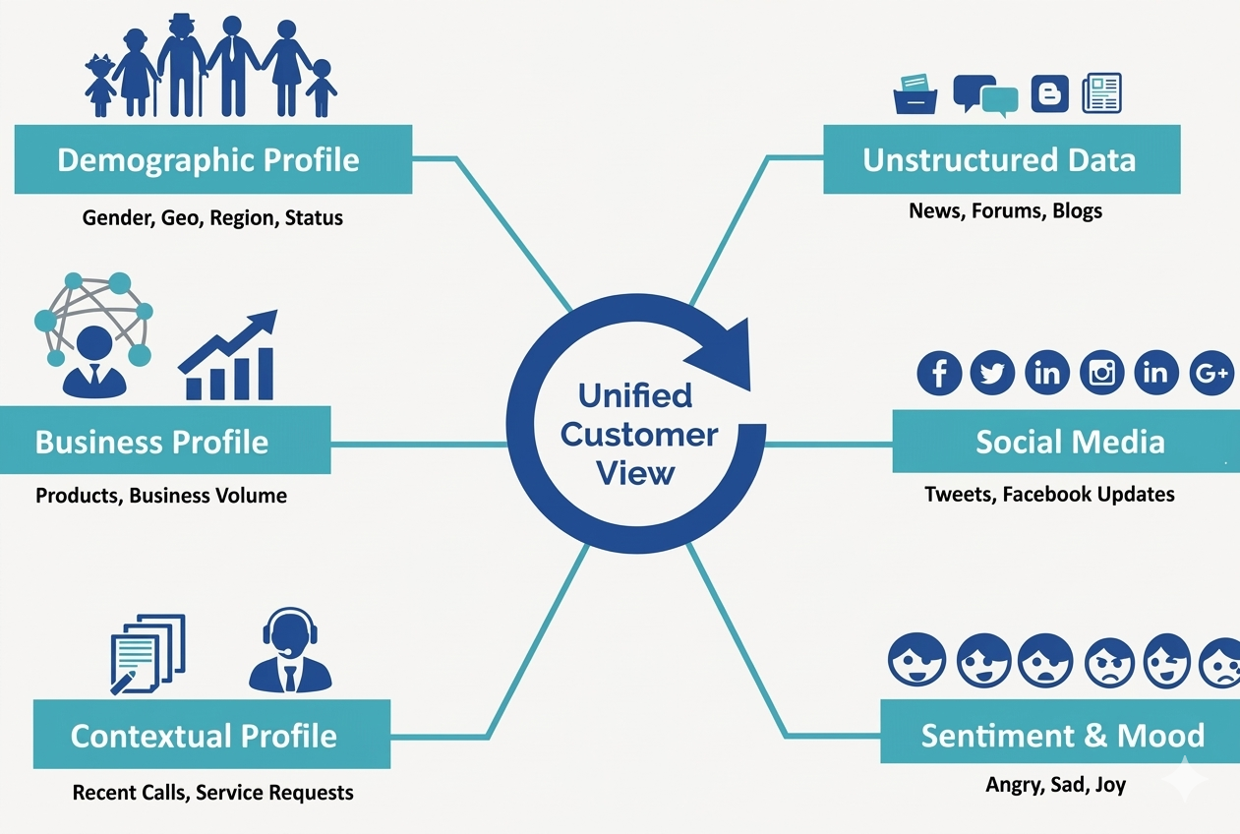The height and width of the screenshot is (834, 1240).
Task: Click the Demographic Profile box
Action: coord(213,159)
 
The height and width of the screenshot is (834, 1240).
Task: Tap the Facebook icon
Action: coord(939,373)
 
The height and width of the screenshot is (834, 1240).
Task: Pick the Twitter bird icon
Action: coord(992,373)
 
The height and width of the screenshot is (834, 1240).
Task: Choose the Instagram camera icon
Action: coord(1102,373)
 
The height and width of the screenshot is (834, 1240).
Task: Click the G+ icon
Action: coord(1210,373)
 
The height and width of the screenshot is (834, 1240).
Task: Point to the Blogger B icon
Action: coord(1049,94)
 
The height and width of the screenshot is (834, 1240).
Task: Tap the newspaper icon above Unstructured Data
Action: coord(1101,93)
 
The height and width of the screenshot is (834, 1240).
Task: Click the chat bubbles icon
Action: coord(985,94)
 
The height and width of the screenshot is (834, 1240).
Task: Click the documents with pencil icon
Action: coord(147,652)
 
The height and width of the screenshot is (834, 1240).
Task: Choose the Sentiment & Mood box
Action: coord(1060,735)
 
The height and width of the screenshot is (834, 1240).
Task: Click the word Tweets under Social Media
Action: coord(959,494)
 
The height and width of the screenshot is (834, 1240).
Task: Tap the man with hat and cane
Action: coord(182,66)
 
